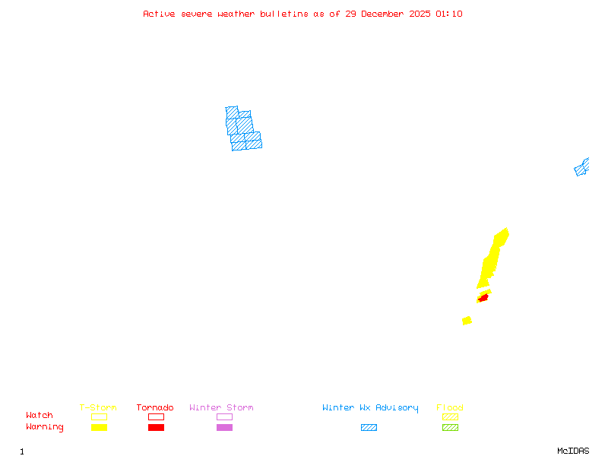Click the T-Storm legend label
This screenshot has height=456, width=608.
point(98,407)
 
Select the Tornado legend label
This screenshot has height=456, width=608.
point(155,407)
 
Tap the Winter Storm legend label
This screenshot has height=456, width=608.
point(221,407)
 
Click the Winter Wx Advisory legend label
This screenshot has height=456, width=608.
point(370,407)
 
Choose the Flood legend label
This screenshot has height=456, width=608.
point(450,407)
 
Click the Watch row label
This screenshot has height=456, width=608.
point(40,416)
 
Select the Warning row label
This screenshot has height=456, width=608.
point(45,427)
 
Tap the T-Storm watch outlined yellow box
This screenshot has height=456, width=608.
point(99,416)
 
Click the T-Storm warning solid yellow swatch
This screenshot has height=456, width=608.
point(99,427)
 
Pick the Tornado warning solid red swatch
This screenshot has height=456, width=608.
point(156,427)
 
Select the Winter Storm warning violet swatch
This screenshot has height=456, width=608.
point(224,427)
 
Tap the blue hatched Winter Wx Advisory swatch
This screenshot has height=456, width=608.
point(369,427)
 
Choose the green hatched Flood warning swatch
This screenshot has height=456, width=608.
point(450,427)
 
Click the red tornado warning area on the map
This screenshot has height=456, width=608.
point(483,298)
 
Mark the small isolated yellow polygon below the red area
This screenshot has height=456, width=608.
point(467,321)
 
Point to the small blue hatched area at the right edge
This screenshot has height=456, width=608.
point(581,167)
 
